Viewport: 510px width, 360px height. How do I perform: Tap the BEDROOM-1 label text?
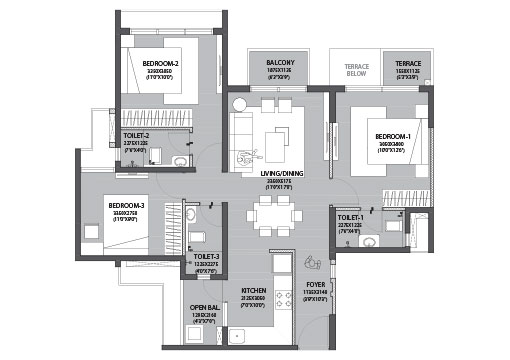click(394, 135)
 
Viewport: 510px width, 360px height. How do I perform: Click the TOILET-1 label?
click(350, 217)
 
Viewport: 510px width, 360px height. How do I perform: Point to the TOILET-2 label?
click(137, 134)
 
